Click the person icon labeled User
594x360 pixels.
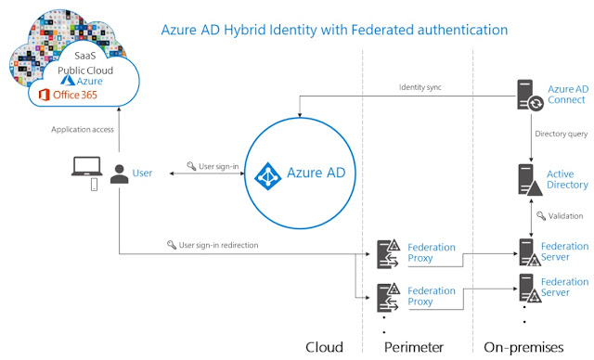point(119,174)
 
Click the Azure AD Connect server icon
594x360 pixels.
point(530,93)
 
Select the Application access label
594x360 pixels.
point(82,129)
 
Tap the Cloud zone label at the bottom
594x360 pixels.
point(324,347)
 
